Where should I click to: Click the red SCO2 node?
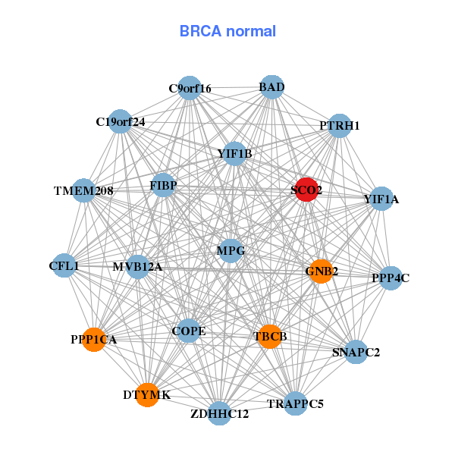point(306,190)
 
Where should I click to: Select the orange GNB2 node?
point(321,271)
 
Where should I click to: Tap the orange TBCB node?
point(269,336)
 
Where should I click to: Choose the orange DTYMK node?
point(147,395)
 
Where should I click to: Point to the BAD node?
point(271,88)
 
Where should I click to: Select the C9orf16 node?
point(190,89)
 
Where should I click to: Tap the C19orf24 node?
point(120,121)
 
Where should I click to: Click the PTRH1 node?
point(339,125)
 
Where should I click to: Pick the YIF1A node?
point(381,199)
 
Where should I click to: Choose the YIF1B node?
point(234,154)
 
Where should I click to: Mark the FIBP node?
point(163,185)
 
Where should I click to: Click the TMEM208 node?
point(83,191)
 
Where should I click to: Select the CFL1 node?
point(64,266)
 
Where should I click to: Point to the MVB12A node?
point(137,267)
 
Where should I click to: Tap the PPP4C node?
point(391,278)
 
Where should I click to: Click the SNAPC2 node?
point(356,352)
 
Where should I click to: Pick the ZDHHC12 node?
point(220,413)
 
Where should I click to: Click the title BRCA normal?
point(227,31)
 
